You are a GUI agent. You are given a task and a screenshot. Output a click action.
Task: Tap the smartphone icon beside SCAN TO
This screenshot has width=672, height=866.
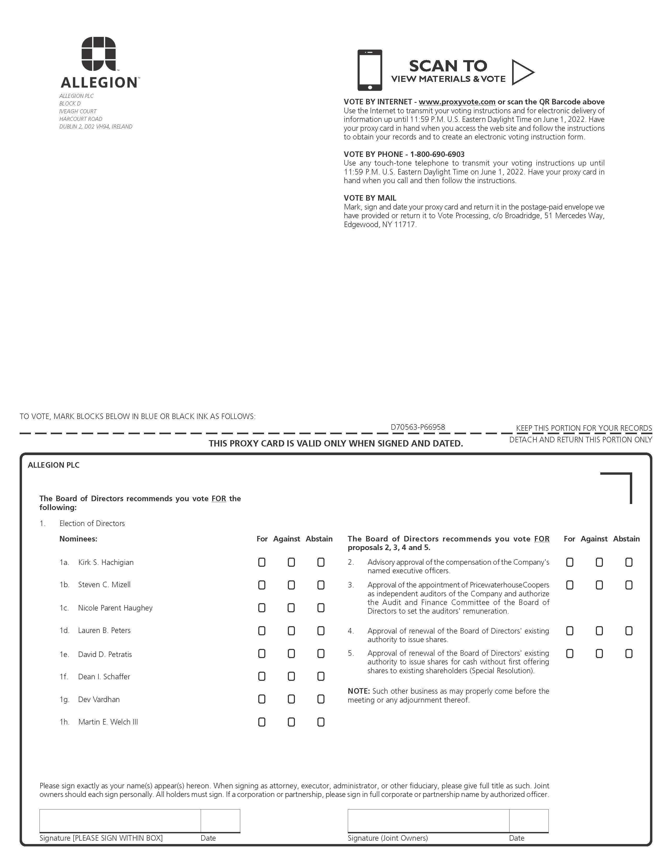point(370,70)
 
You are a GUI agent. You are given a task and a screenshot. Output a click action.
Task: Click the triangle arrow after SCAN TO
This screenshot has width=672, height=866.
point(522,72)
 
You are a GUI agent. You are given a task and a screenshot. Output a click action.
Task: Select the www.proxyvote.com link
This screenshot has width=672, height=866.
point(457,102)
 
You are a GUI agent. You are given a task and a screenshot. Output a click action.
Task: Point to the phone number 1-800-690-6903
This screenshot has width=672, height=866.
point(437,154)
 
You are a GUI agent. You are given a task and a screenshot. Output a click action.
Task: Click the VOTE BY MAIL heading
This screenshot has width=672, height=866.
point(370,198)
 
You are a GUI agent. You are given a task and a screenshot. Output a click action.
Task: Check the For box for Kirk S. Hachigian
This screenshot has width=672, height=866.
point(262,562)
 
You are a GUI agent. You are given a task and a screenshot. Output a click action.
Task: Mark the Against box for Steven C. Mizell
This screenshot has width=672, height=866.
point(291,585)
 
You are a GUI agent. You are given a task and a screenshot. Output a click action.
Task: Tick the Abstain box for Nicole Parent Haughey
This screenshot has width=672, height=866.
point(321,608)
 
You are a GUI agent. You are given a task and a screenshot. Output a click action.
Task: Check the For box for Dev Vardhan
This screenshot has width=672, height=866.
point(262,699)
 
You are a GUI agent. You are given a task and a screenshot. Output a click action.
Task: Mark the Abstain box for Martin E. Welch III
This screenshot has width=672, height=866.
point(321,722)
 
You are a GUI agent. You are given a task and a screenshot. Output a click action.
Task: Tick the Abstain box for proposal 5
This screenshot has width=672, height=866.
point(629,653)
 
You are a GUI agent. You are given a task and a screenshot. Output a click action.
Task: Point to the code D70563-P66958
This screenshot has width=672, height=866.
point(418,427)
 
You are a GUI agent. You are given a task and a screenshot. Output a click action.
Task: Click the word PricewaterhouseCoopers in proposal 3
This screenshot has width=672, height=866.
point(509,585)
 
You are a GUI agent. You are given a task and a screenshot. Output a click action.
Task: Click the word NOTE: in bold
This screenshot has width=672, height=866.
point(359,691)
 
